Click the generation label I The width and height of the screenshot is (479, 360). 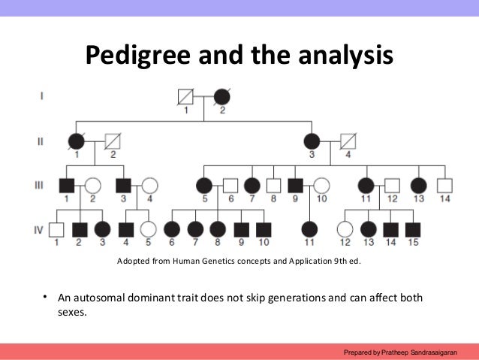(41, 95)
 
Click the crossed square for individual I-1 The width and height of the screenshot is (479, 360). (185, 97)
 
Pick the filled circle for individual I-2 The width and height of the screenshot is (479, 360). (222, 97)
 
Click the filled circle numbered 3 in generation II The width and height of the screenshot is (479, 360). (312, 141)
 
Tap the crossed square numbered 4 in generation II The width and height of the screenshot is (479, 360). (348, 141)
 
